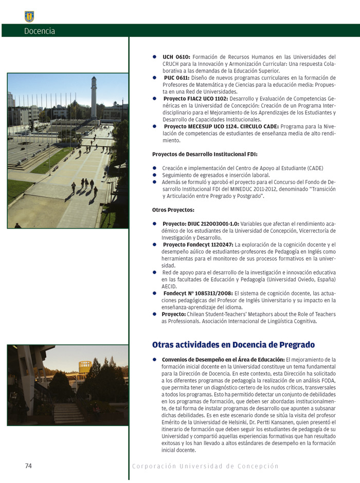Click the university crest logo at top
coord(29,16)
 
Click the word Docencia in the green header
coord(39,31)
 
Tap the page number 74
coord(28,466)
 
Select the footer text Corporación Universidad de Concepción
coord(205,466)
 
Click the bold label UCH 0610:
coord(176,57)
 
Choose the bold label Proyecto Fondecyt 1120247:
coord(197,245)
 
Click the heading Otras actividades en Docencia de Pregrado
coord(233,344)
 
